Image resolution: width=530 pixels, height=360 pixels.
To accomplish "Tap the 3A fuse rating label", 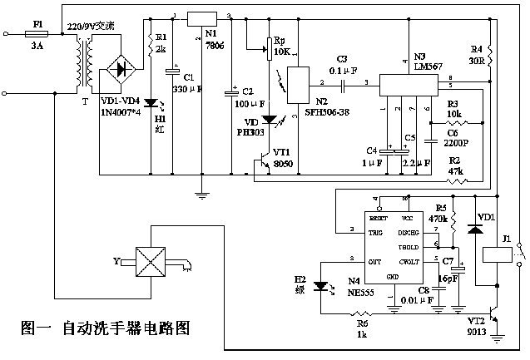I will pos(37,48).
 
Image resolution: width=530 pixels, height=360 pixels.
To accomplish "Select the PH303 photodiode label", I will pos(250,131).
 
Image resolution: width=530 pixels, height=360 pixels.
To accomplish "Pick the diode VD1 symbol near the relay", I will pos(475,228).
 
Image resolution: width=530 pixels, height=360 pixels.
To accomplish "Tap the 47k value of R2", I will pos(455,170).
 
